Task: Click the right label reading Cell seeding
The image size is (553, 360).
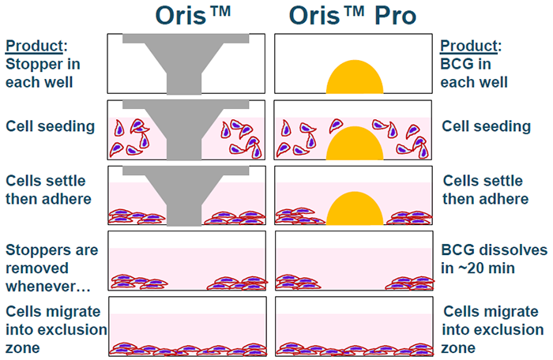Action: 486,126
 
